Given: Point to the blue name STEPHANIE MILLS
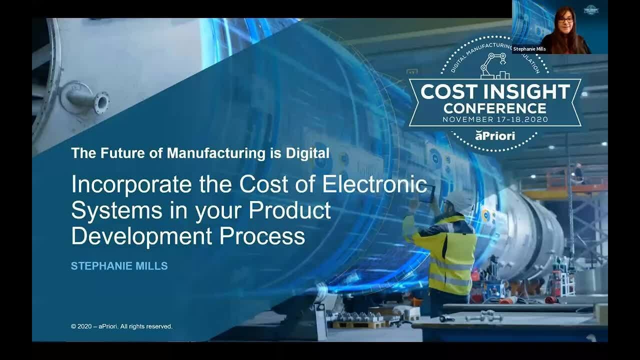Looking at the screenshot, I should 119,266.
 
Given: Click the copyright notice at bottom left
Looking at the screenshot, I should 121,326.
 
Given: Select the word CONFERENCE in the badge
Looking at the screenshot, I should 495,107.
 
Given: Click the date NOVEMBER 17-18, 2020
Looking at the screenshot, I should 495,120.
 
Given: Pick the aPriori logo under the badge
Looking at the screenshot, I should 494,135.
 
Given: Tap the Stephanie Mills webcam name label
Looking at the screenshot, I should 529,49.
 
